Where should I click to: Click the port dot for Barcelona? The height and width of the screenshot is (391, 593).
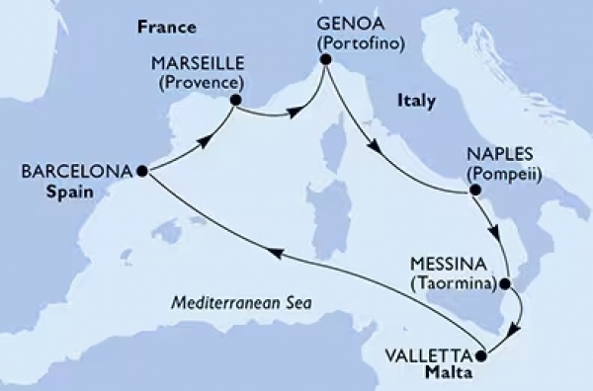[142, 172]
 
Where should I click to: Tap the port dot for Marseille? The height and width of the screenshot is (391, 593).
[236, 99]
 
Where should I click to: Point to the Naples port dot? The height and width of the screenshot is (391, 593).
[474, 190]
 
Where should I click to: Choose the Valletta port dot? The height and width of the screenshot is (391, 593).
[481, 355]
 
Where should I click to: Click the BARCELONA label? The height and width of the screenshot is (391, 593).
[76, 171]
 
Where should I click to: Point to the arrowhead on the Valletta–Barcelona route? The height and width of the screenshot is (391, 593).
[279, 254]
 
